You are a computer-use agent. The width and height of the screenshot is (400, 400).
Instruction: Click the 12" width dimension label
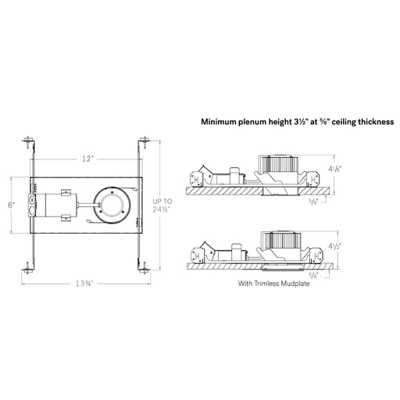[x=87, y=159]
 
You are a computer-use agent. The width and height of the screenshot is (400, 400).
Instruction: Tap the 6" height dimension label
[x=11, y=205]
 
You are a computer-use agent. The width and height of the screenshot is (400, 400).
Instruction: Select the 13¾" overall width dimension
[x=84, y=284]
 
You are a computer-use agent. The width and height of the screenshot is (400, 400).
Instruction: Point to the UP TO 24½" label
[x=162, y=205]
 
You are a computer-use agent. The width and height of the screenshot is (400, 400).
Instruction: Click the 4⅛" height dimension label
[x=335, y=169]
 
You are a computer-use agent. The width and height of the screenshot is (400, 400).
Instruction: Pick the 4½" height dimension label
[x=335, y=246]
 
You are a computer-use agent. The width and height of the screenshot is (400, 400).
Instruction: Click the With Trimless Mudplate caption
[x=274, y=284]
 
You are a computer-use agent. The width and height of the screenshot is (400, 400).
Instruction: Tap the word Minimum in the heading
[x=218, y=122]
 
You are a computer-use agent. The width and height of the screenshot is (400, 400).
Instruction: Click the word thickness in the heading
[x=376, y=122]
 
